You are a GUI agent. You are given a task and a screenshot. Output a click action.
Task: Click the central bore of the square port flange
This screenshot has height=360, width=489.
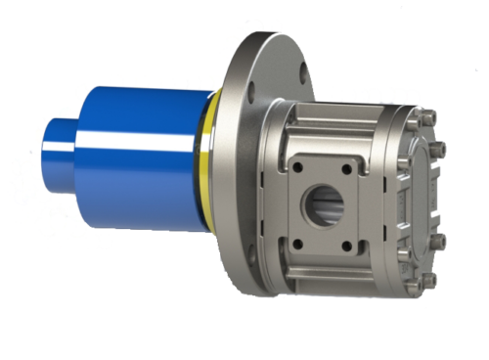[x=323, y=206]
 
